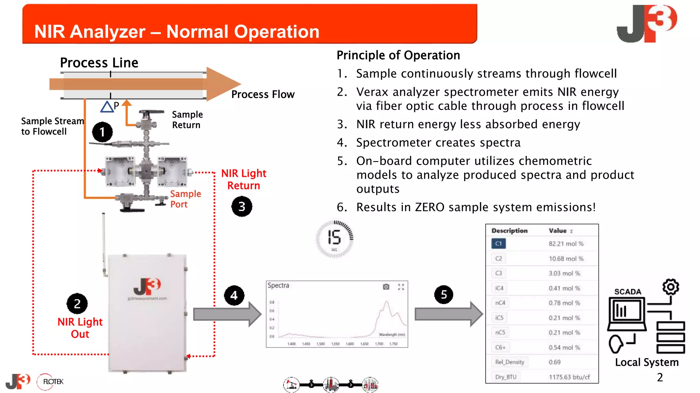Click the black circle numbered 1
click(x=102, y=132)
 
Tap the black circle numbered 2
click(x=77, y=304)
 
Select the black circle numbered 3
click(x=242, y=206)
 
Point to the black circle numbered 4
click(x=234, y=295)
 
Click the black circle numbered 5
click(x=444, y=294)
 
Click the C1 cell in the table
click(x=499, y=244)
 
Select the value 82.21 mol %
click(x=566, y=244)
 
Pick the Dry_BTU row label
click(x=506, y=377)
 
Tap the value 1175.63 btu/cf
click(x=569, y=377)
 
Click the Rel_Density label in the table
click(x=510, y=362)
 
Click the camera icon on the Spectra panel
click(x=386, y=287)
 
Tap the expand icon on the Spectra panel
click(x=401, y=287)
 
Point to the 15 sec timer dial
click(x=334, y=239)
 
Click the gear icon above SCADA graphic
click(x=671, y=287)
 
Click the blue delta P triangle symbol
click(x=107, y=107)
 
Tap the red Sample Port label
click(x=185, y=199)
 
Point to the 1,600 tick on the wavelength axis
click(x=350, y=344)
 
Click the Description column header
click(x=509, y=231)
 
